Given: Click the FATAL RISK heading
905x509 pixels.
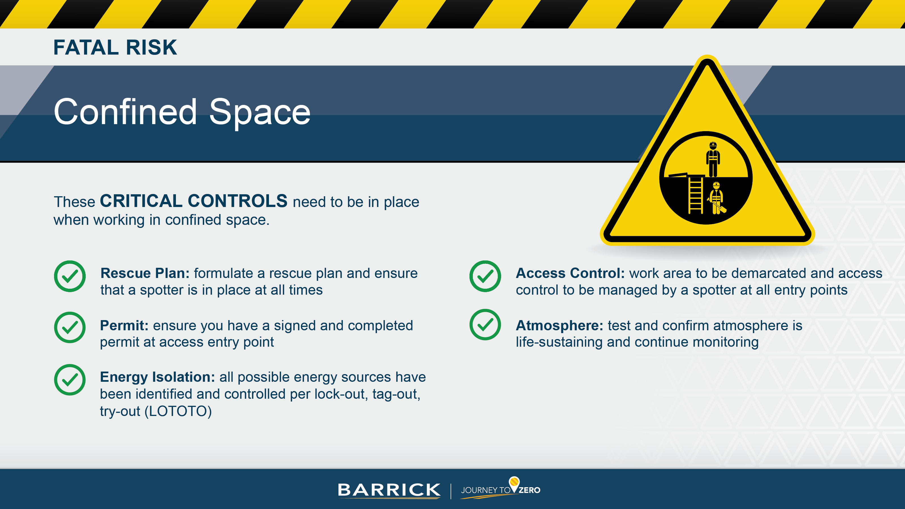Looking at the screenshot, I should click(115, 48).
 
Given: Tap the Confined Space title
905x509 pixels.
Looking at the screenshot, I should click(182, 112).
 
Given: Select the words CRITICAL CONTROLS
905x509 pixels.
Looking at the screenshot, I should click(193, 201).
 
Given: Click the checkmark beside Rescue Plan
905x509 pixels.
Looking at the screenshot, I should click(70, 276).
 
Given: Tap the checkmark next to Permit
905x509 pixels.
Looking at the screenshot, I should click(70, 327).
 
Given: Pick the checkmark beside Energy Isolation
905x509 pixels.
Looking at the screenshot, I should click(70, 380).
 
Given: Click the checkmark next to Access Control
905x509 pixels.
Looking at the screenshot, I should click(485, 276).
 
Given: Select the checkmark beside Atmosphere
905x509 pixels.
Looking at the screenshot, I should click(485, 325).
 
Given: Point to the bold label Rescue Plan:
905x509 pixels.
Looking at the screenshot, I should click(145, 273).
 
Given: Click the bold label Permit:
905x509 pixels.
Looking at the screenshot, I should click(124, 326).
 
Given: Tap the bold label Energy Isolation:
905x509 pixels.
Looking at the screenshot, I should click(157, 377).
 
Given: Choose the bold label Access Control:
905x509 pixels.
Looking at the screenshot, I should click(570, 273).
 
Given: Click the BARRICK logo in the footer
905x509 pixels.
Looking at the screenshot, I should click(389, 490).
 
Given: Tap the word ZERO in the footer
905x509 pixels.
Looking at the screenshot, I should click(529, 490).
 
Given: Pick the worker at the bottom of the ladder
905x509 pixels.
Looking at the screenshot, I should click(716, 199).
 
